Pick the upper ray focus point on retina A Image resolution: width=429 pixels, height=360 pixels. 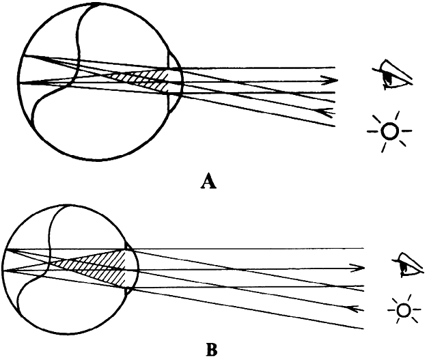click(x=23, y=56)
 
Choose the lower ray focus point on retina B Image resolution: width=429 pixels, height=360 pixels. click(x=6, y=269)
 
